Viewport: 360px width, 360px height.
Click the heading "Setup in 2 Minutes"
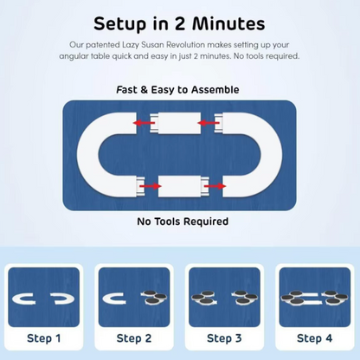point(179,23)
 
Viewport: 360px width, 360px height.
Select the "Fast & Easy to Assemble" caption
point(177,90)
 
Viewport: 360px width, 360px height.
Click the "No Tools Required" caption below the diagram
point(183,222)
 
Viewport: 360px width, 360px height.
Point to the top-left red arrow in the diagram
point(144,123)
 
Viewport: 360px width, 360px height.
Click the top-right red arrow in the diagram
point(209,123)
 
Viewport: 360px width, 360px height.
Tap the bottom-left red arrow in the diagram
point(150,186)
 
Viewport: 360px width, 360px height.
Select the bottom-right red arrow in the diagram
point(215,186)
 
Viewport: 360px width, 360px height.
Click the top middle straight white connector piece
point(176,123)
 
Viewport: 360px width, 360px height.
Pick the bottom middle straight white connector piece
point(183,186)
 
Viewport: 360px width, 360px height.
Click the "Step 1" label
point(44,338)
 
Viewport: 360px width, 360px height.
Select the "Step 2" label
point(134,338)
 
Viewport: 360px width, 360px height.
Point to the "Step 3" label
point(224,338)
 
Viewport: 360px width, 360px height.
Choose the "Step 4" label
point(315,338)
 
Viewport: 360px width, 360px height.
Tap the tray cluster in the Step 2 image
point(154,298)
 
